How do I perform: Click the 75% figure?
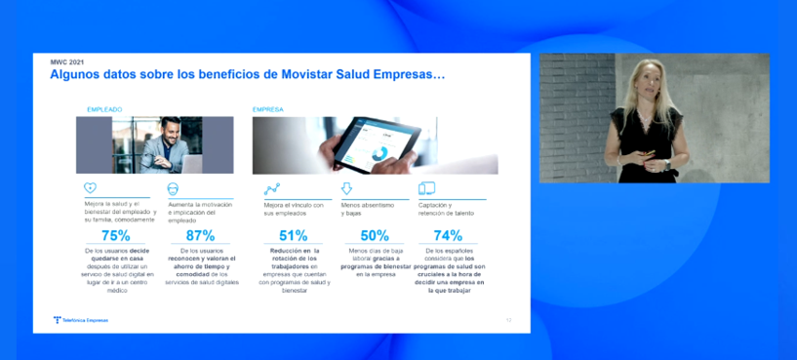[x=115, y=235]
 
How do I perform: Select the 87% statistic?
[x=199, y=235]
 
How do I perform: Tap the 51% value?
[x=293, y=235]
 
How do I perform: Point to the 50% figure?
[x=375, y=235]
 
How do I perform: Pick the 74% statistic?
[x=447, y=235]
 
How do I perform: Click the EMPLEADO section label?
[x=103, y=110]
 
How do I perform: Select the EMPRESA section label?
[x=267, y=110]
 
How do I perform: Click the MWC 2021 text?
[x=67, y=61]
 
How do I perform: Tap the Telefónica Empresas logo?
[x=81, y=319]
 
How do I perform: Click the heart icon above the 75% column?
[x=90, y=188]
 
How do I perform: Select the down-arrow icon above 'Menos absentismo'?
[x=346, y=188]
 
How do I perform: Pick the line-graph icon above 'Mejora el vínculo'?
[x=271, y=188]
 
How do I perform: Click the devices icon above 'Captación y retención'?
[x=426, y=188]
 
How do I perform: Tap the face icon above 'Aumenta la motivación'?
[x=173, y=188]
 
